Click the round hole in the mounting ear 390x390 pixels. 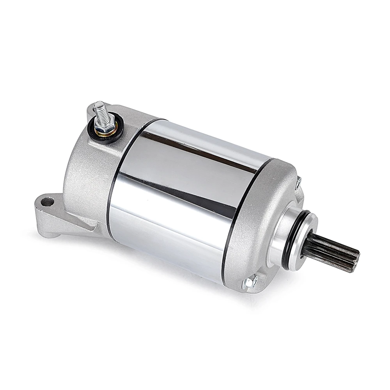point(47,202)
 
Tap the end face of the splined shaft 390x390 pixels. point(356,261)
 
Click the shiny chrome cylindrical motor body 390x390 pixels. point(183,195)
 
